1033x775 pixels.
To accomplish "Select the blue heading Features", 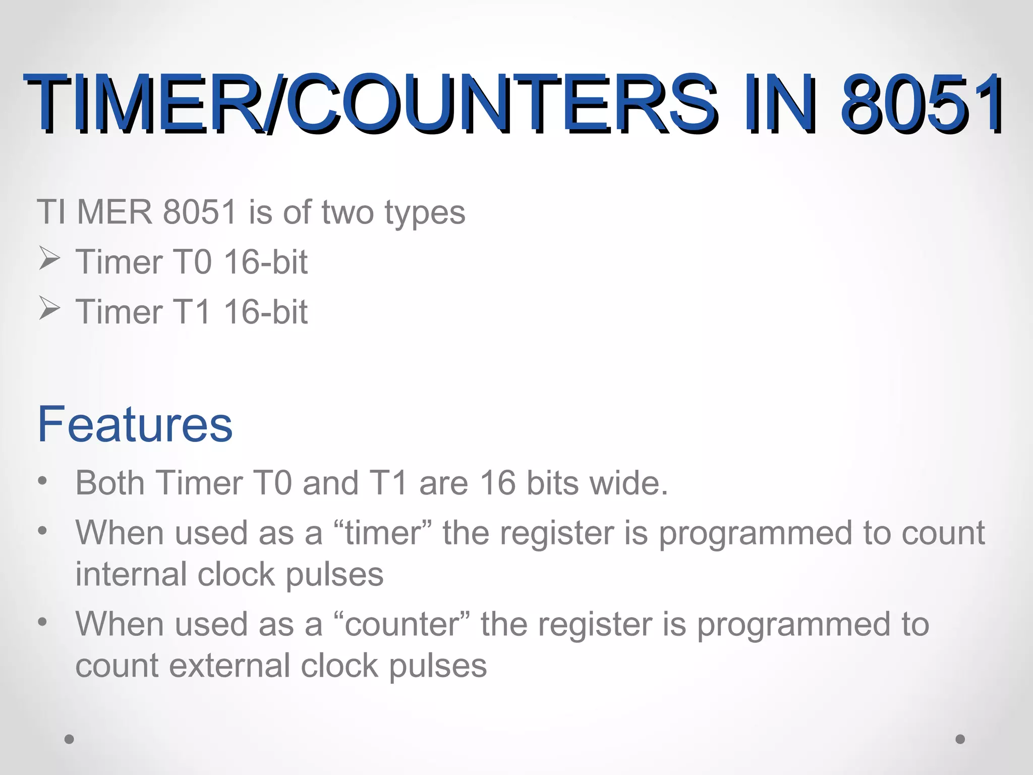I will pos(135,424).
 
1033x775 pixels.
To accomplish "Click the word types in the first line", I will pos(425,213).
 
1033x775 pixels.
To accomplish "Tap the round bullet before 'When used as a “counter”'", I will pos(43,621).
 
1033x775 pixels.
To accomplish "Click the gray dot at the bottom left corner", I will pos(70,739).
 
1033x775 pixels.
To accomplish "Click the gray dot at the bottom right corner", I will pos(960,739).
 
